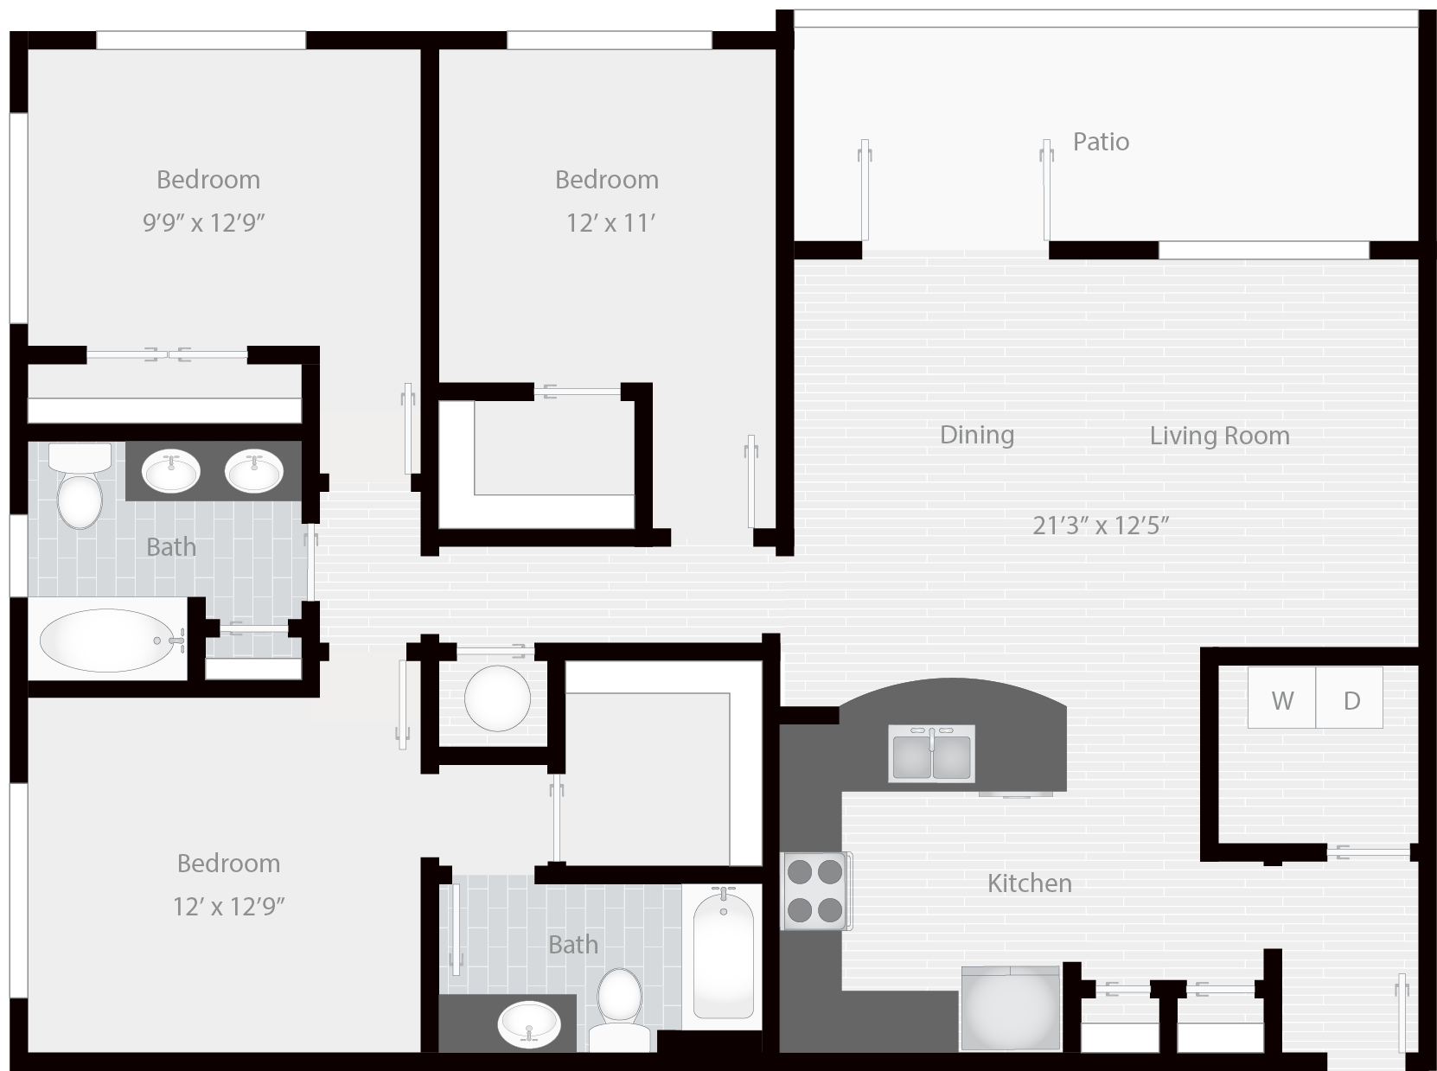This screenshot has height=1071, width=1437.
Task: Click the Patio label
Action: coord(1101,142)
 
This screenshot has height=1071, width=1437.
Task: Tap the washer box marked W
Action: coord(1281,698)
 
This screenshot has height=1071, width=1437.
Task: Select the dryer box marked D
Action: coord(1350,698)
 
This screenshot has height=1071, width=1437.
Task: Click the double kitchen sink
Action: coord(931,753)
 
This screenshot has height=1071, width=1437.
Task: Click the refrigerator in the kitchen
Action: coord(1010,1008)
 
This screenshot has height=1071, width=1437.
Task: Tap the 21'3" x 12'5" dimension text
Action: coord(1101,525)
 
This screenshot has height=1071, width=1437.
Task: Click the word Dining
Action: coord(977,435)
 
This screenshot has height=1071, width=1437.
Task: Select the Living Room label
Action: coord(1220,436)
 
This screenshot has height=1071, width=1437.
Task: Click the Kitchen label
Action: coord(1029,883)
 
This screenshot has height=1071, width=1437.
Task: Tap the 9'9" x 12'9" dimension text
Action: coord(203,222)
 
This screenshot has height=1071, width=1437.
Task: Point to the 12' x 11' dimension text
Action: coord(610,223)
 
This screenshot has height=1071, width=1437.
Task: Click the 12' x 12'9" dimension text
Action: coord(228,906)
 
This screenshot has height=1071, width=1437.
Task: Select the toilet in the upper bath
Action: coord(80,486)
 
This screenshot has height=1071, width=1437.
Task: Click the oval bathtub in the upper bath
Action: coord(108,640)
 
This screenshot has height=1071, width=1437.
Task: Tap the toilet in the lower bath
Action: coord(619,1009)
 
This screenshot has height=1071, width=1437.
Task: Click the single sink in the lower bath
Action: coord(529,1024)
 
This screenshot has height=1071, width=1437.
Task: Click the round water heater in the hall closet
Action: coord(497,698)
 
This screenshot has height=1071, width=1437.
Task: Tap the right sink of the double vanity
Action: coord(254,470)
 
